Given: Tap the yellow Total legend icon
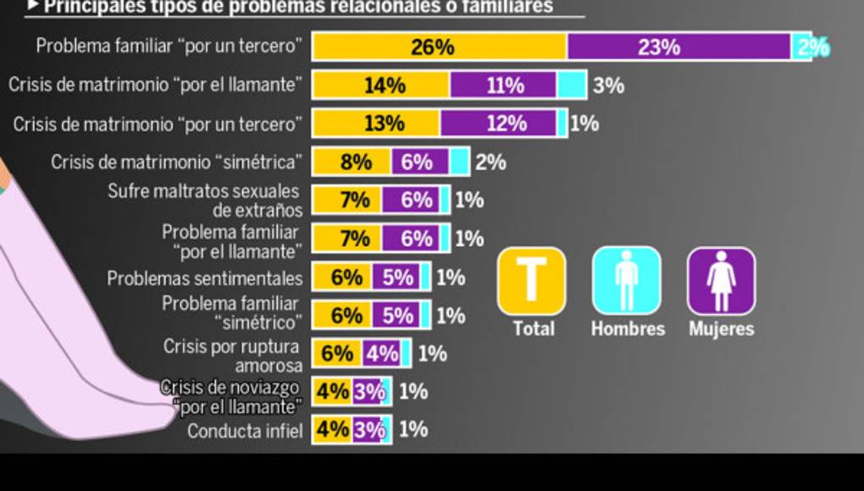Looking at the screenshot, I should tap(531, 281).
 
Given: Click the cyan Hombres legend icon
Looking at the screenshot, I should tap(626, 281).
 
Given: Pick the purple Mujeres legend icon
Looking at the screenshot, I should tap(721, 281).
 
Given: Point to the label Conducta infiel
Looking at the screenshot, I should tap(245, 431).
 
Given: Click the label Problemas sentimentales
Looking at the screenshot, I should tap(204, 279).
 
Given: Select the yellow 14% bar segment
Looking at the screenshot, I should tap(380, 86).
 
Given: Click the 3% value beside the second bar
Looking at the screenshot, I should tap(608, 86).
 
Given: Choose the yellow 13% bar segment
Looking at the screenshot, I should tap(376, 124).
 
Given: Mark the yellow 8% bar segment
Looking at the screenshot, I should tap(352, 162).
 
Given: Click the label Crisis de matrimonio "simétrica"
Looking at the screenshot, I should tap(176, 162).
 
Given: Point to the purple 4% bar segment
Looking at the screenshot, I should tap(381, 353).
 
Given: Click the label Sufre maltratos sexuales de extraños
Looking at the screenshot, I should tap(203, 201).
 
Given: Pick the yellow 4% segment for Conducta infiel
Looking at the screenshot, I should tap(332, 430).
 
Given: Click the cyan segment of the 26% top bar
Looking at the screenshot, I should tap(801, 47).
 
